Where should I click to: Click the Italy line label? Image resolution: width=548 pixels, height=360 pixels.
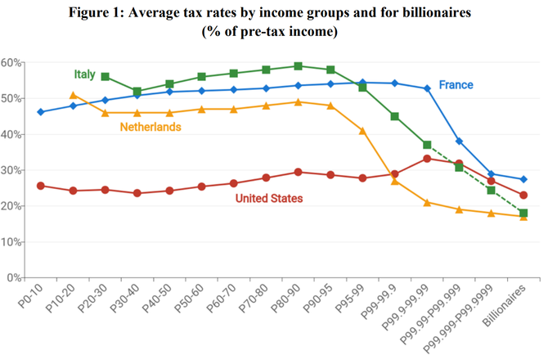[x=84, y=74]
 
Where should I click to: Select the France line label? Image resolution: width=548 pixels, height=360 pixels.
[x=456, y=84]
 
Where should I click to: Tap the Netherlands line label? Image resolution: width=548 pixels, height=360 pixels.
[x=150, y=127]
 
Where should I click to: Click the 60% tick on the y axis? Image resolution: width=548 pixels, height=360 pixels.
[x=11, y=62]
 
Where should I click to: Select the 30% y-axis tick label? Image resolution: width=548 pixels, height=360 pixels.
[x=11, y=170]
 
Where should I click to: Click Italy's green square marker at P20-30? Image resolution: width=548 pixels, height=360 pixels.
[x=106, y=76]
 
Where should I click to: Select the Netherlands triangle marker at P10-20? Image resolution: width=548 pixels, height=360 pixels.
[x=74, y=95]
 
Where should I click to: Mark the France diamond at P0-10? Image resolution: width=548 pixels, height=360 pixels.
[x=41, y=111]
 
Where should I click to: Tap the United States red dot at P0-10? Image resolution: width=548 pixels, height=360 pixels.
[x=41, y=186]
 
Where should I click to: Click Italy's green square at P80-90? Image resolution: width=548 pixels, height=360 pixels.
[x=298, y=66]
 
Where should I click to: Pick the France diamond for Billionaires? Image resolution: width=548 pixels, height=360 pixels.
[x=523, y=179]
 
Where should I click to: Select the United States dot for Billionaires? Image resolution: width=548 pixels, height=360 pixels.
[x=523, y=195]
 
